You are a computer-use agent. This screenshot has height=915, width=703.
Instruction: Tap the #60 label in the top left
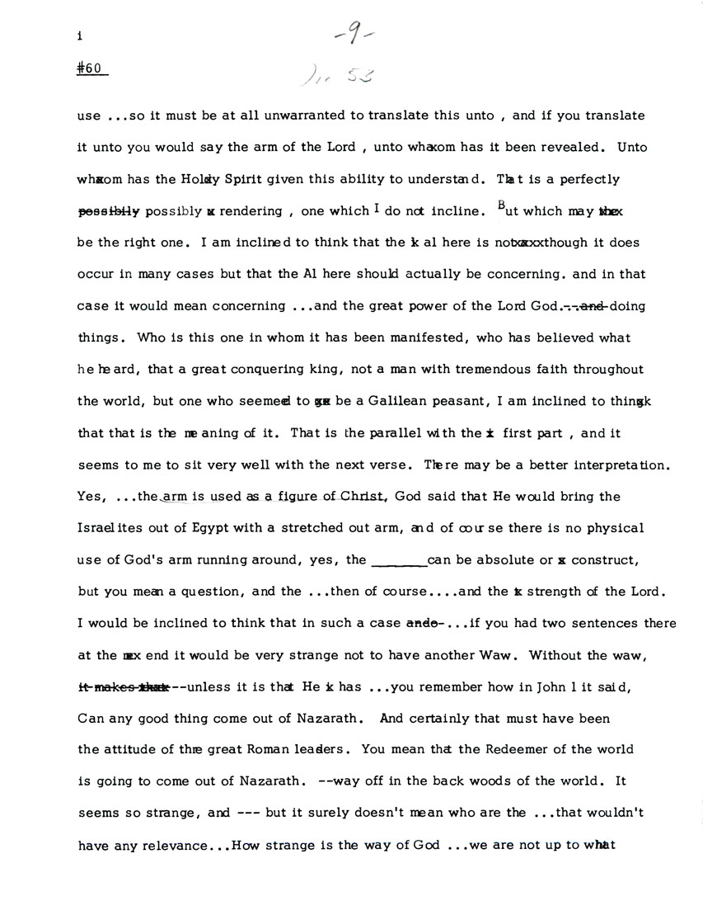point(89,69)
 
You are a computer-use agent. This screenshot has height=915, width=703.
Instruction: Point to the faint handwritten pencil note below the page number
point(337,78)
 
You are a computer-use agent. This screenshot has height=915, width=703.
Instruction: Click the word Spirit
point(223,179)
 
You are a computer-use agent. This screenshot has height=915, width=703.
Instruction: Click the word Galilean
point(386,402)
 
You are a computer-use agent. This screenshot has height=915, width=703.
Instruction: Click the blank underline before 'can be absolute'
point(400,561)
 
